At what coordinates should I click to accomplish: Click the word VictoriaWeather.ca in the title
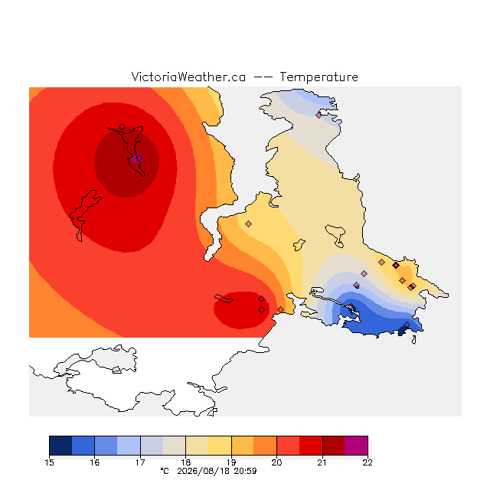pyautogui.click(x=188, y=77)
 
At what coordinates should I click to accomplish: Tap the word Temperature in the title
pyautogui.click(x=318, y=77)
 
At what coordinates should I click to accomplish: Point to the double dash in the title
pyautogui.click(x=263, y=77)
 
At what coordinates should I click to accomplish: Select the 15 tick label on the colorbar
pyautogui.click(x=49, y=462)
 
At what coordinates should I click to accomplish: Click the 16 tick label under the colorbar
pyautogui.click(x=95, y=462)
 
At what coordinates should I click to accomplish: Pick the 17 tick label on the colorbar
pyautogui.click(x=140, y=462)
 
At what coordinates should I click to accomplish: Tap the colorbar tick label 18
pyautogui.click(x=185, y=462)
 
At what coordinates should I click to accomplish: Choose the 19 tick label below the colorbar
pyautogui.click(x=231, y=462)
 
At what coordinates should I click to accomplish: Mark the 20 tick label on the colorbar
pyautogui.click(x=276, y=462)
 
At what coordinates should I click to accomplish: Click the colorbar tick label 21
pyautogui.click(x=322, y=462)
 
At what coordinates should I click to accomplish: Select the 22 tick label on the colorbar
pyautogui.click(x=367, y=462)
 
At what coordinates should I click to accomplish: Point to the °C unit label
pyautogui.click(x=165, y=472)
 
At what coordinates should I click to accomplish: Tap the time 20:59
pyautogui.click(x=245, y=472)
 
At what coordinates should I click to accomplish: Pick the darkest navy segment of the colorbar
pyautogui.click(x=60, y=446)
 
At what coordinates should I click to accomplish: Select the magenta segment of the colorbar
pyautogui.click(x=356, y=446)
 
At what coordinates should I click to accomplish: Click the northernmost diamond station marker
pyautogui.click(x=318, y=115)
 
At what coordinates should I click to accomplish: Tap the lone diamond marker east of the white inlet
pyautogui.click(x=248, y=224)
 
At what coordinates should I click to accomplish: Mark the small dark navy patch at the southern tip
pyautogui.click(x=403, y=331)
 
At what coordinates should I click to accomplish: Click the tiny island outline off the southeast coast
pyautogui.click(x=414, y=340)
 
